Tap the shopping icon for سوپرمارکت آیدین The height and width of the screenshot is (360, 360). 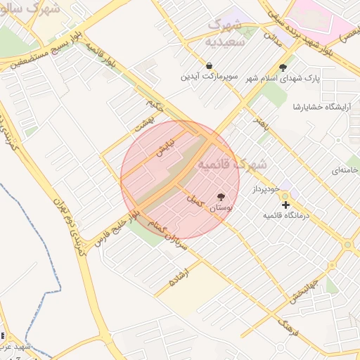click(209, 66)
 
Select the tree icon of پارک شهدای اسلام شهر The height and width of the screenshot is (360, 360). click(283, 67)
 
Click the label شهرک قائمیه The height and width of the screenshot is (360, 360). click(232, 163)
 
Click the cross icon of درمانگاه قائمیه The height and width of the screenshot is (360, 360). click(285, 205)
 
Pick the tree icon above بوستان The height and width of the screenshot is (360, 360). click(221, 198)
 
